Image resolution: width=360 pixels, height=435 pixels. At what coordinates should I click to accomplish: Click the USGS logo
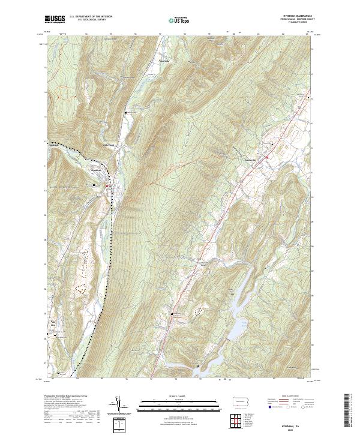pyautogui.click(x=55, y=19)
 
